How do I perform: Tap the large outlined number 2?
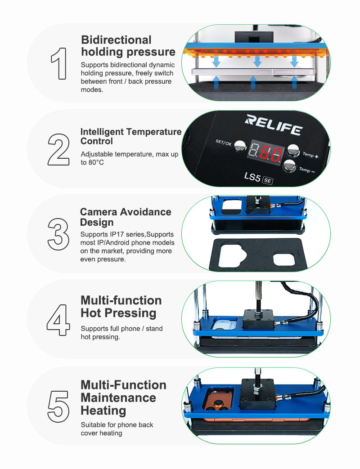[x=58, y=150]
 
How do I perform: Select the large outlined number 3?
[x=58, y=234]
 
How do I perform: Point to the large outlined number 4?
[x=58, y=320]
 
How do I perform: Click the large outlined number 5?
[x=58, y=406]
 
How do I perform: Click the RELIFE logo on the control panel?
[x=274, y=125]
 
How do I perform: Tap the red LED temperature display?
[x=265, y=152]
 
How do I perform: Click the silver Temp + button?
[x=293, y=151]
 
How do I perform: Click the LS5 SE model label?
[x=258, y=178]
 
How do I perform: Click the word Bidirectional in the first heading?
[x=116, y=40]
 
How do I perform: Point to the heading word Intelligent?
[x=102, y=132]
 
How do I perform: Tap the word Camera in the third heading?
[x=99, y=212]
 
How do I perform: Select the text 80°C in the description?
[x=96, y=162]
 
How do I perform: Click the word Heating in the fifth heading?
[x=103, y=411]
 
